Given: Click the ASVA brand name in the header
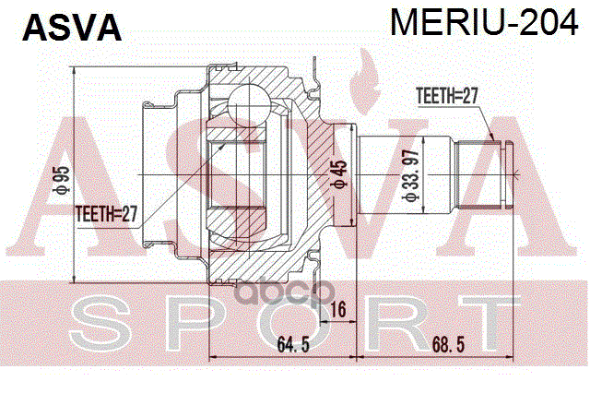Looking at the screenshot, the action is point(72,28).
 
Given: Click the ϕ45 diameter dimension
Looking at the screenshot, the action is point(340,175).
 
